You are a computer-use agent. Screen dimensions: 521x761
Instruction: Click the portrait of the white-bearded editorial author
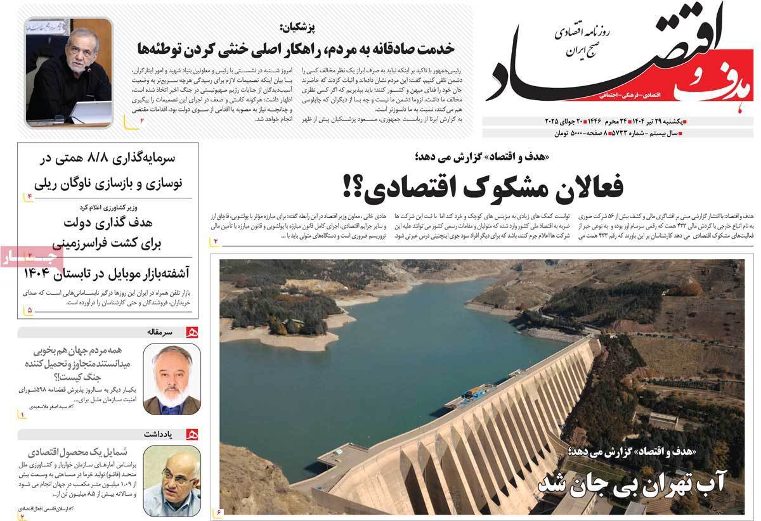[163, 378]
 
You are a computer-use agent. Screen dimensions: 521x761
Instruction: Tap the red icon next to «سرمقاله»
[191, 331]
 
